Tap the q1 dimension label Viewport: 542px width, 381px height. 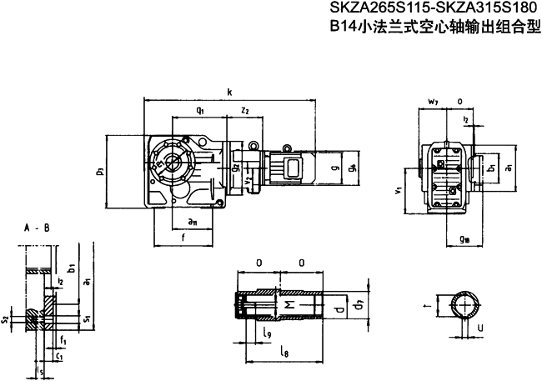tap(200, 110)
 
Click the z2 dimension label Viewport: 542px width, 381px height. tap(245, 110)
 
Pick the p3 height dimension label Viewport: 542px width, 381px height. tap(100, 172)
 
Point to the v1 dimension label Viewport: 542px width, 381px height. tap(399, 191)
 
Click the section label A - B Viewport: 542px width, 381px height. tap(35, 227)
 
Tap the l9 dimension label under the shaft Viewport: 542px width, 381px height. tap(266, 334)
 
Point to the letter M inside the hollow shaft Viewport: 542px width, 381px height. tap(289, 308)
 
